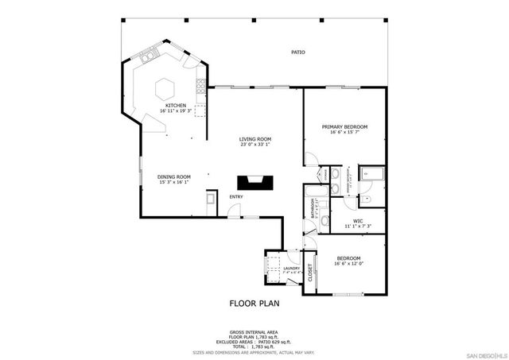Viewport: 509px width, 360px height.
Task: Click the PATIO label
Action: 297,52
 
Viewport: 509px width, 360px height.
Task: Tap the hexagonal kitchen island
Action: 165,86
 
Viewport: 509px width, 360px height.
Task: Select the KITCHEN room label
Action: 176,106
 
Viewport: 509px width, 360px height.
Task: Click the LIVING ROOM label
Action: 255,139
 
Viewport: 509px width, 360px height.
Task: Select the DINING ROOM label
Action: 173,176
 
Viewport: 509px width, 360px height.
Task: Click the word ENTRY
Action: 237,196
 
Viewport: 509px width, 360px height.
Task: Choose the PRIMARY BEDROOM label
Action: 344,126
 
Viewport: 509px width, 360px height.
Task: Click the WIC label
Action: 358,222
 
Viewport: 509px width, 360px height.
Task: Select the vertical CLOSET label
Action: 311,273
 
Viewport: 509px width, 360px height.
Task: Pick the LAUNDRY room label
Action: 291,269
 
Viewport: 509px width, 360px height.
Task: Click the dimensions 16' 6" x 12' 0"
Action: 348,264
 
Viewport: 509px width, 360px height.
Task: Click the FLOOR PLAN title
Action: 254,303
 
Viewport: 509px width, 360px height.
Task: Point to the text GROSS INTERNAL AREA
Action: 254,331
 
